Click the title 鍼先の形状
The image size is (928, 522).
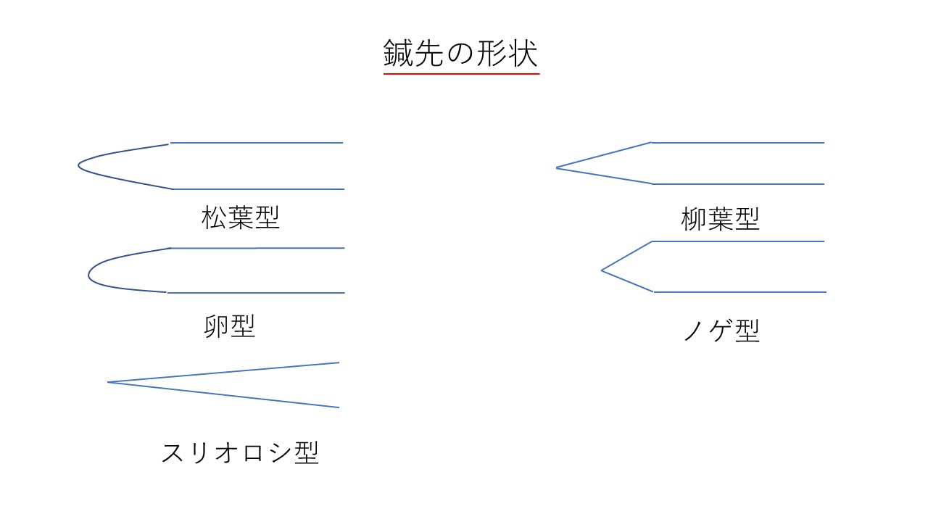tap(460, 53)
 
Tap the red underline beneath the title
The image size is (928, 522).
tap(462, 74)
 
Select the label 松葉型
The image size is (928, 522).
tap(241, 217)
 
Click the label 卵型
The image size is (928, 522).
tap(230, 326)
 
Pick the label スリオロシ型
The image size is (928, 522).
tap(240, 452)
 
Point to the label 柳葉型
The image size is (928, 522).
tap(721, 219)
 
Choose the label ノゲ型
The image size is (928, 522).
tap(721, 330)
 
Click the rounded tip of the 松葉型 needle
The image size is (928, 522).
tap(79, 165)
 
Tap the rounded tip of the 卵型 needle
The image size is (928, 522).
tap(88, 275)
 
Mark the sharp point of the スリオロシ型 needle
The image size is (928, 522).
tap(108, 382)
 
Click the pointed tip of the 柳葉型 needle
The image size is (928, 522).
tap(556, 167)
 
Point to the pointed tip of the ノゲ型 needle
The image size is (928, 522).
tap(602, 270)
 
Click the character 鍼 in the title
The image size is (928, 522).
tap(398, 53)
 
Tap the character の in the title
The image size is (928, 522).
tap(460, 54)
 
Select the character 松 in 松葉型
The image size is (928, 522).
tap(214, 217)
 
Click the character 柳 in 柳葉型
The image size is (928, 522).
tap(694, 219)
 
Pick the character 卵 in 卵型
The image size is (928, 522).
tap(216, 326)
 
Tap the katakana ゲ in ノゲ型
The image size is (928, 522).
tap(721, 330)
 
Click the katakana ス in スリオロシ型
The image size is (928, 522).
tap(173, 452)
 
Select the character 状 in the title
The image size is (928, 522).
tap(523, 53)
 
